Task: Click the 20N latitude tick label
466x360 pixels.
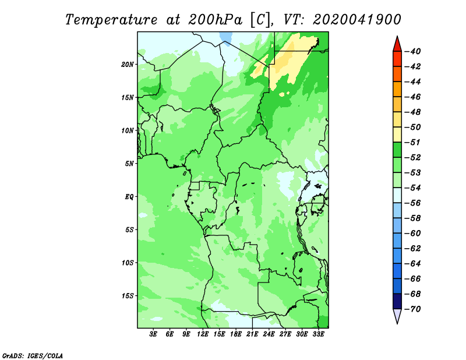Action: [x=128, y=65]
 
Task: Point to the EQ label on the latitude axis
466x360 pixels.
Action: [x=129, y=197]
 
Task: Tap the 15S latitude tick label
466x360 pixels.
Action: [x=128, y=296]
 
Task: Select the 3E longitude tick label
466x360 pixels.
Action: [x=153, y=334]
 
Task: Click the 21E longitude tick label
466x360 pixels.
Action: [x=252, y=334]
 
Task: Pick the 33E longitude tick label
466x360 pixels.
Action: [x=318, y=334]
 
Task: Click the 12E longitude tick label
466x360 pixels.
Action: [x=202, y=334]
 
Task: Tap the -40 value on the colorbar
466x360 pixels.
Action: [x=413, y=51]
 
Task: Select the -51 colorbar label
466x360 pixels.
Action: [x=413, y=142]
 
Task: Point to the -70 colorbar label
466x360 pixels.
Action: [x=413, y=309]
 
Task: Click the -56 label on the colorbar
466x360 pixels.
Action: [x=413, y=203]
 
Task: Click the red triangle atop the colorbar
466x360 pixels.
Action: [x=397, y=45]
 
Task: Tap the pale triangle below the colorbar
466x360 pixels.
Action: [x=397, y=315]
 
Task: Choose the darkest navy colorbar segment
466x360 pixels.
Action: [x=397, y=301]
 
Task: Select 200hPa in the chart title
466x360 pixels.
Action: [x=215, y=20]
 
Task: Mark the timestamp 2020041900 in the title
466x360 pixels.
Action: [x=357, y=20]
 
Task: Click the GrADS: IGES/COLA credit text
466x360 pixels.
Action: [x=33, y=356]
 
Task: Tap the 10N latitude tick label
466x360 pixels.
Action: [x=128, y=130]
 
